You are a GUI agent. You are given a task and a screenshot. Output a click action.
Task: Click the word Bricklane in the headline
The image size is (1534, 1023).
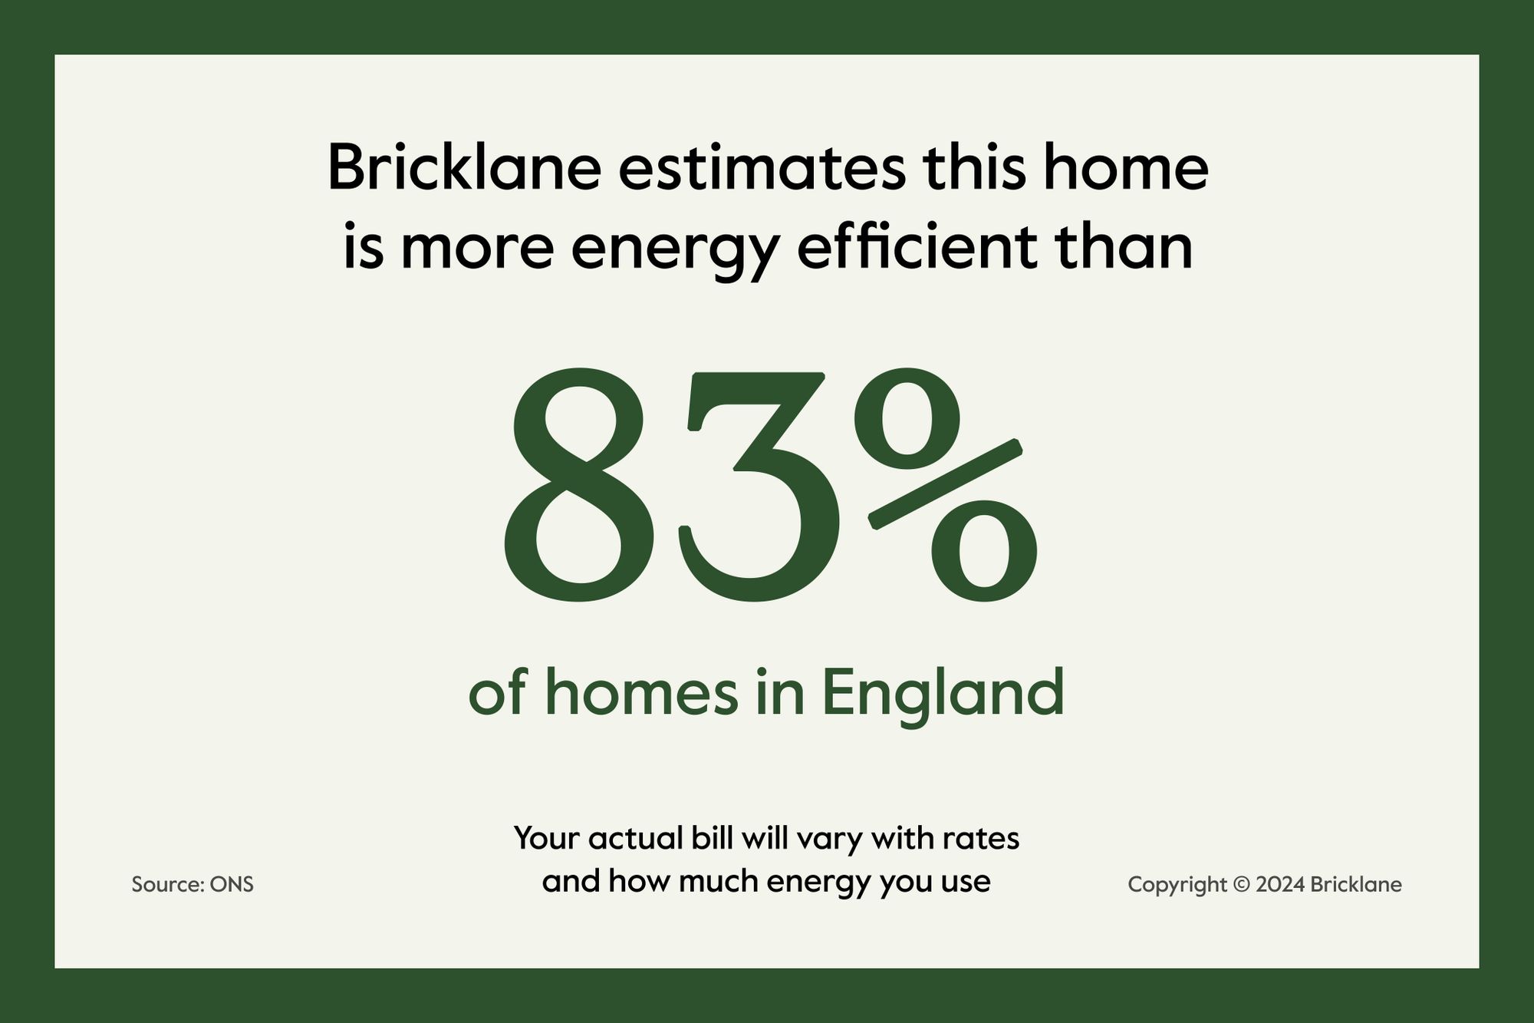pos(464,167)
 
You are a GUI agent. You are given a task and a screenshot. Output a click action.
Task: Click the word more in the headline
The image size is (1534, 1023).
pos(477,253)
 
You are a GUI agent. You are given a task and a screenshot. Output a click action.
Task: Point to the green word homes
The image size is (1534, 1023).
pos(642,692)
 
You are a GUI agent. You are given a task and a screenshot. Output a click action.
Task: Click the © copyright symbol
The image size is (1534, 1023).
pos(1241,885)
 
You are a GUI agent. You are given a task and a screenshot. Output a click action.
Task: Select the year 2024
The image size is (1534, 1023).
pos(1280,885)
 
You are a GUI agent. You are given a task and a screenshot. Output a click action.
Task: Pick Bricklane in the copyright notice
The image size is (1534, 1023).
pos(1356,884)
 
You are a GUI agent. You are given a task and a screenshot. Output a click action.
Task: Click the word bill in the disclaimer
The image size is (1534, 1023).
pos(712,837)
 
